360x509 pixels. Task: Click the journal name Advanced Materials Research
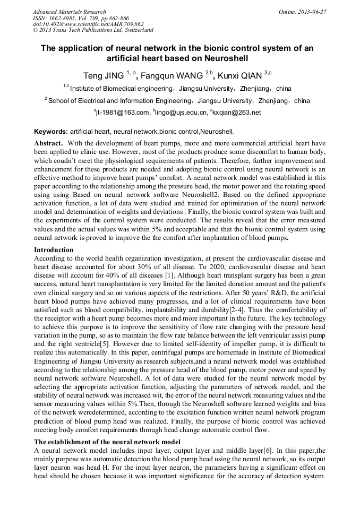pyautogui.click(x=70, y=12)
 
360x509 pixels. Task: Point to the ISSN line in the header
pyautogui.click(x=80, y=18)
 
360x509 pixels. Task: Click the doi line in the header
pyautogui.click(x=88, y=24)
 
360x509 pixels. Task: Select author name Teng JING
pyautogui.click(x=104, y=75)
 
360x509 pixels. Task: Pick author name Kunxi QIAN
pyautogui.click(x=239, y=75)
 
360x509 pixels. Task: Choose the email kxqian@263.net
pyautogui.click(x=237, y=113)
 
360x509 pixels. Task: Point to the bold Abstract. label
pyautogui.click(x=49, y=144)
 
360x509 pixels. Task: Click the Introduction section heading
pyautogui.click(x=54, y=249)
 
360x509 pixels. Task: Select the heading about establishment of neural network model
pyautogui.click(x=107, y=442)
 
